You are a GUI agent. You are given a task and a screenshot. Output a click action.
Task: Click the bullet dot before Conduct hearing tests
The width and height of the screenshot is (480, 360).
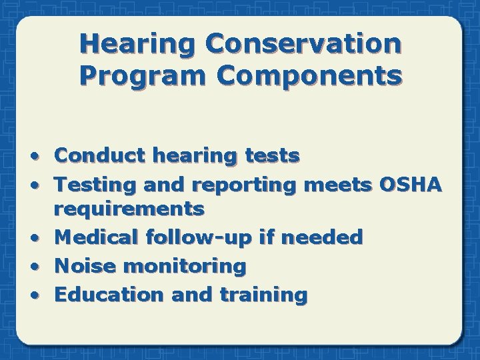[41, 157]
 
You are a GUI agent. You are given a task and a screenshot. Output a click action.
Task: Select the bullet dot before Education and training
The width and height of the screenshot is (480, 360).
[41, 295]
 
